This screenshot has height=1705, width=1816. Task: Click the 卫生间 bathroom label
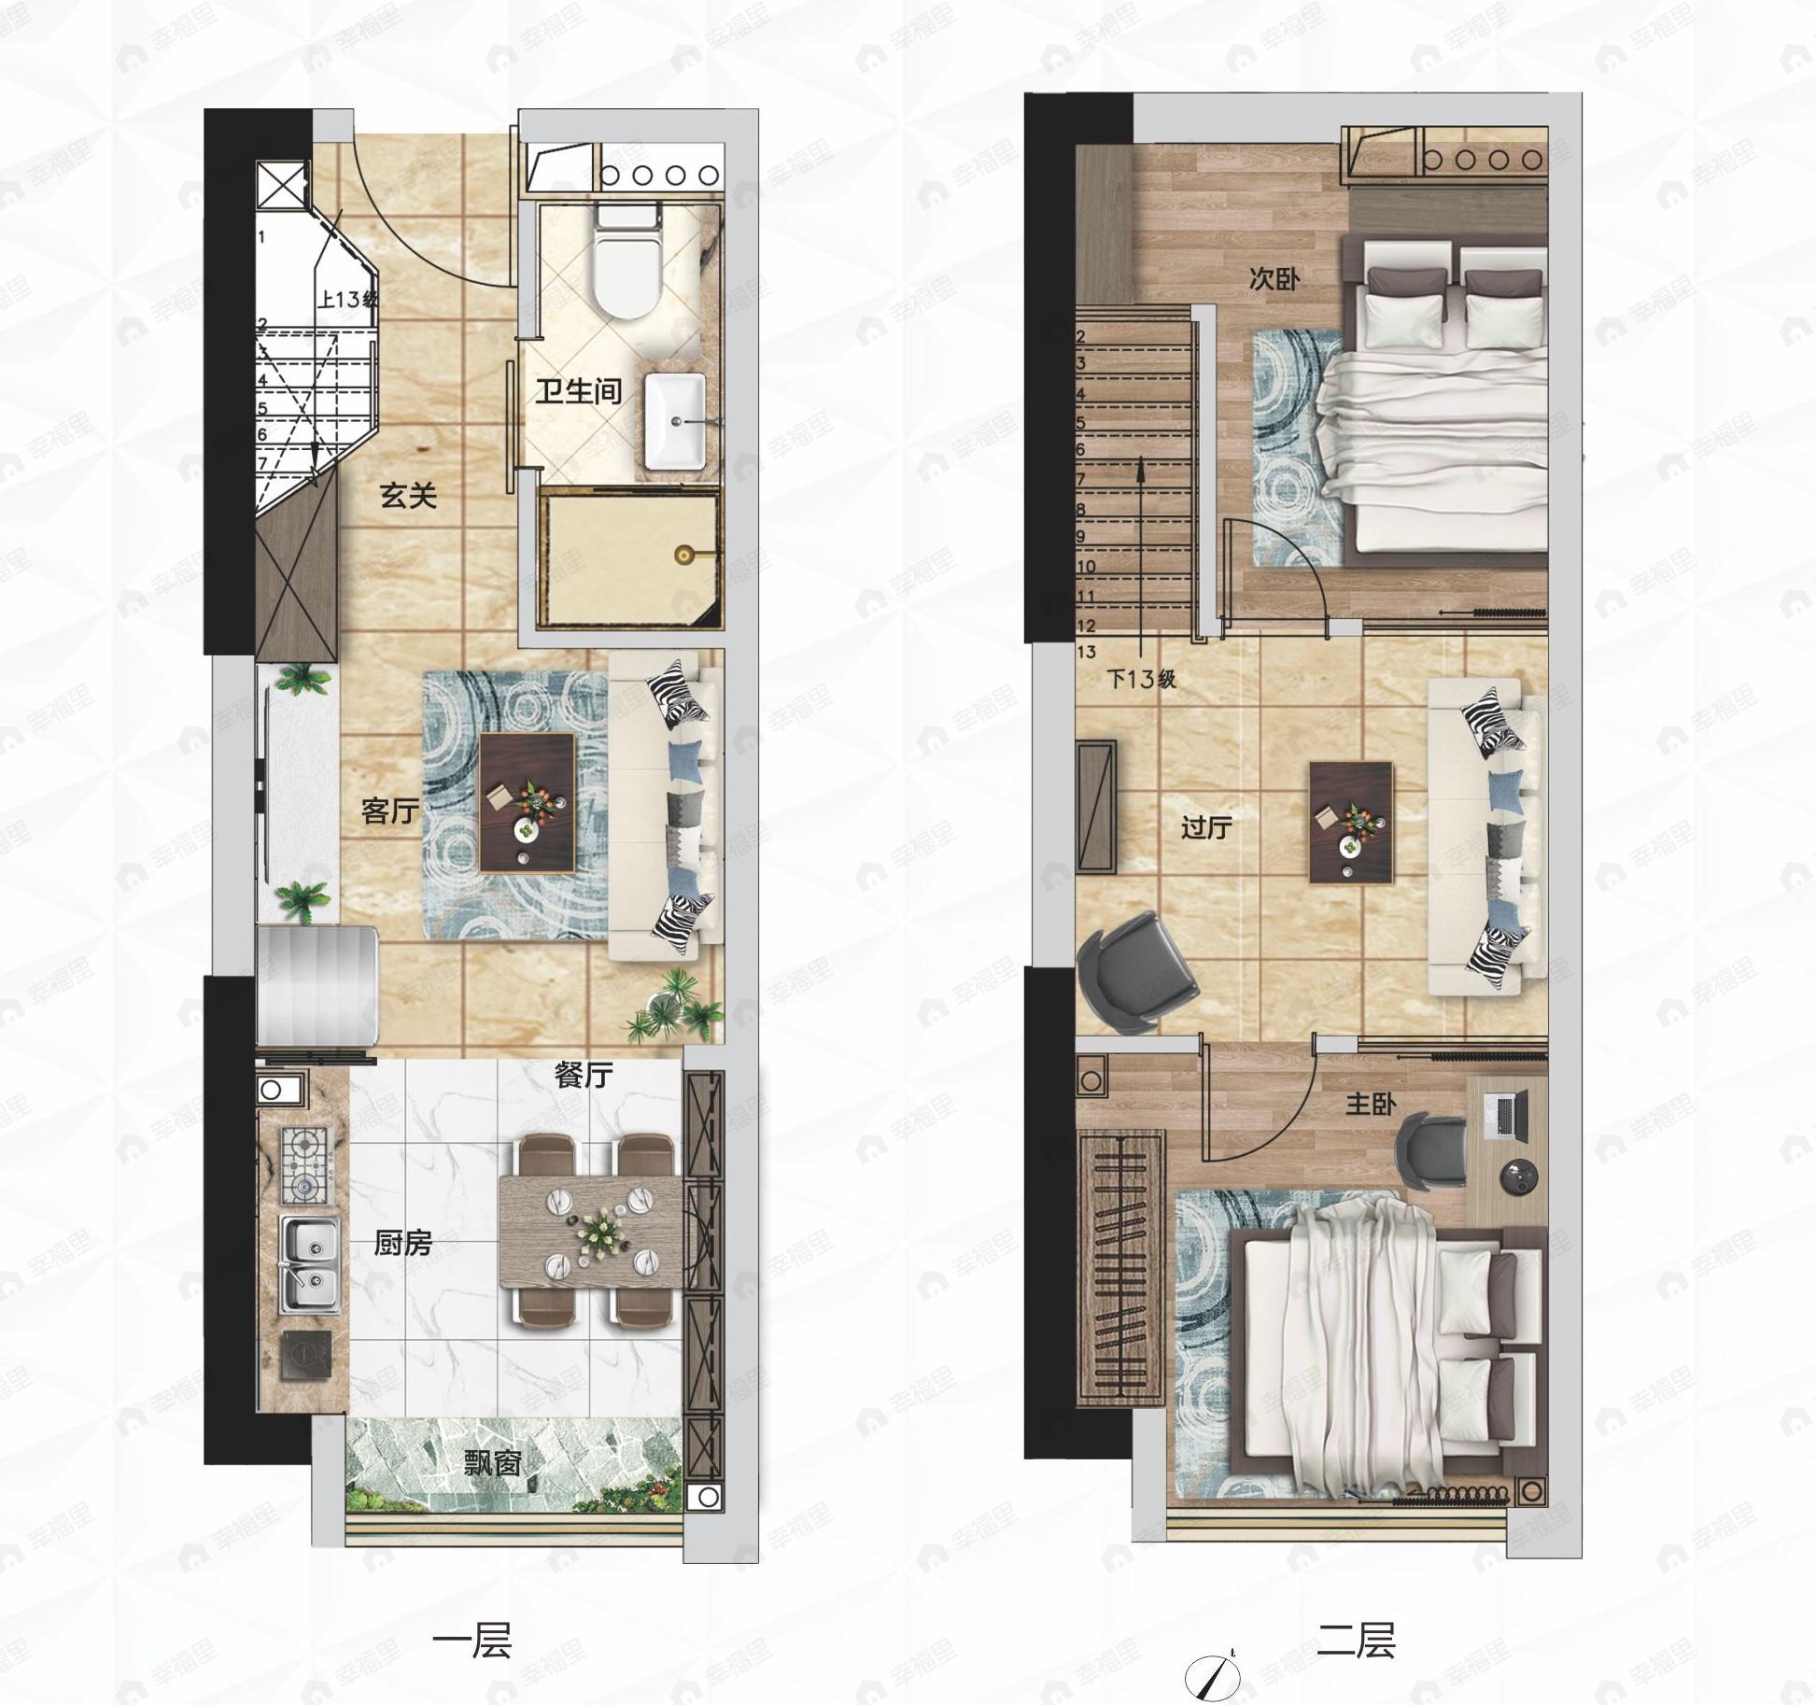pyautogui.click(x=579, y=391)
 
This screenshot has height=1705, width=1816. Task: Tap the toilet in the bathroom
pyautogui.click(x=626, y=261)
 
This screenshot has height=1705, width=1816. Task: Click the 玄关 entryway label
pyautogui.click(x=409, y=495)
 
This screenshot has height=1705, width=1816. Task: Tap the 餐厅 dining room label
pyautogui.click(x=584, y=1075)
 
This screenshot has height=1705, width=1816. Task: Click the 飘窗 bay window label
pyautogui.click(x=493, y=1462)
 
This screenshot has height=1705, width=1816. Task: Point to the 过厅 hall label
pyautogui.click(x=1207, y=827)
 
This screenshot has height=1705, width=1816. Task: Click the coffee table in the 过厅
pyautogui.click(x=1351, y=822)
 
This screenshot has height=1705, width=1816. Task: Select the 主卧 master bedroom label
pyautogui.click(x=1371, y=1105)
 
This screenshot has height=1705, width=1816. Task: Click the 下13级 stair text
pyautogui.click(x=1141, y=679)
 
